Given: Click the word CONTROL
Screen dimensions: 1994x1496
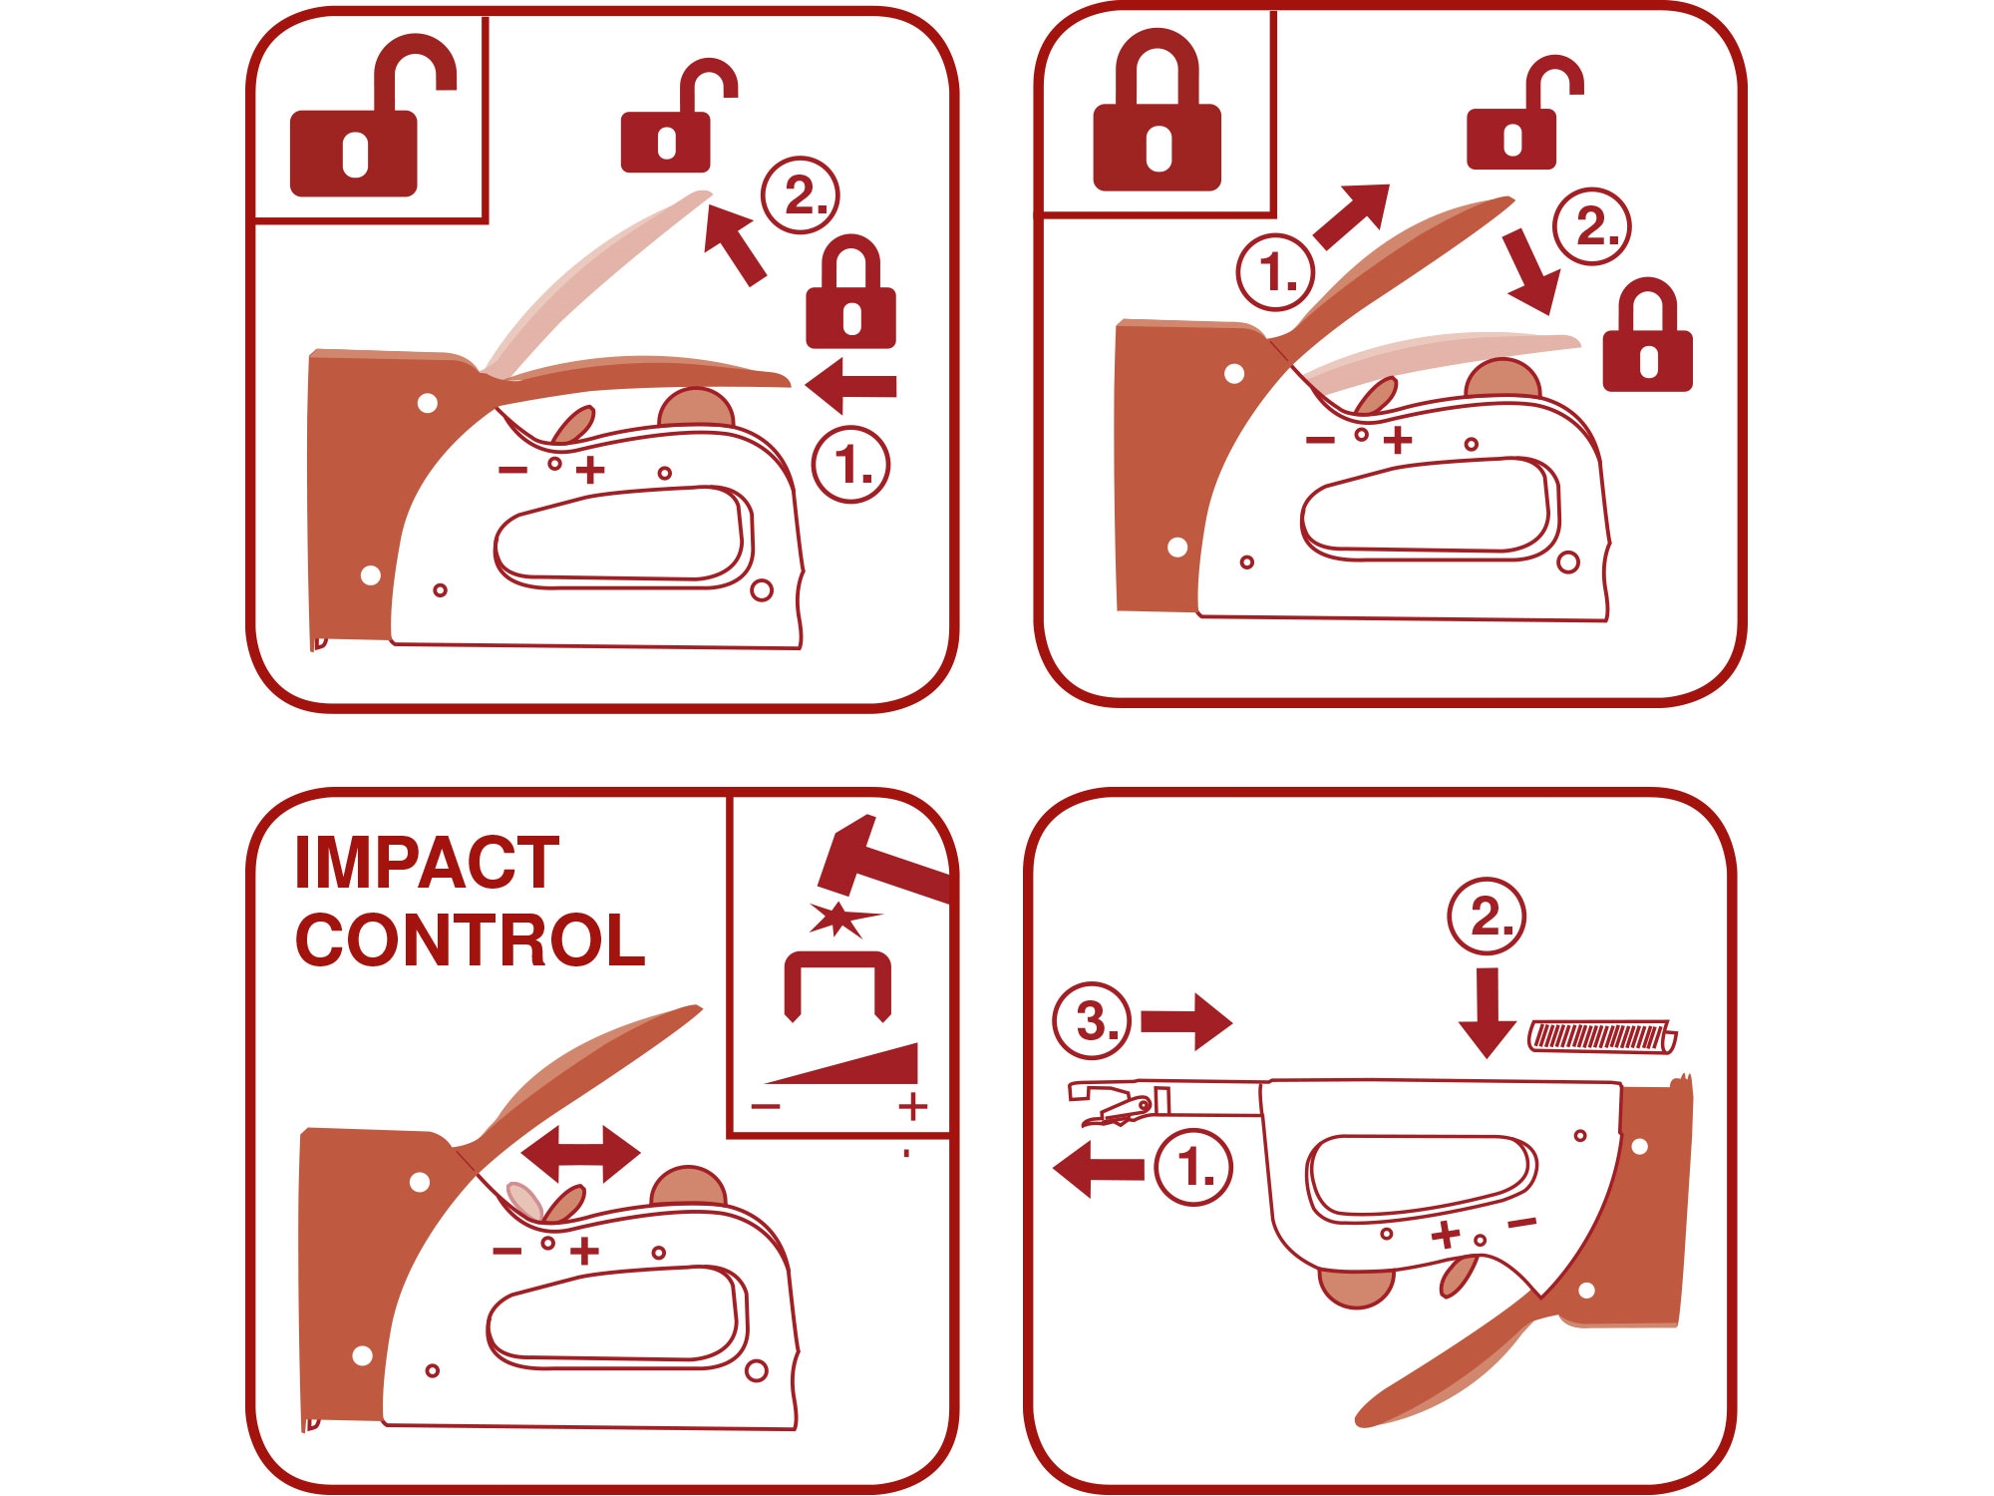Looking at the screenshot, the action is tap(471, 940).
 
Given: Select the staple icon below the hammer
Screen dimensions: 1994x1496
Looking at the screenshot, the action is tap(837, 986).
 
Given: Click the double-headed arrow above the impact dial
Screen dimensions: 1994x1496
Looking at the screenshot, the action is tap(580, 1155).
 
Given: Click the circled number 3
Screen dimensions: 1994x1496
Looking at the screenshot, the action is tap(1092, 1021).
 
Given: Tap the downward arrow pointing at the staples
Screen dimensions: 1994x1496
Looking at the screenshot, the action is tap(1487, 1012).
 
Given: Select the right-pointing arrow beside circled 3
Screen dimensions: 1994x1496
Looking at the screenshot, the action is tap(1186, 1022).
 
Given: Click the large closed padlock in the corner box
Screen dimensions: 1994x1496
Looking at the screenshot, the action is tap(1158, 110).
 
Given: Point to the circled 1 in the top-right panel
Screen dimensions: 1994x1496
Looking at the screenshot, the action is tap(1275, 271).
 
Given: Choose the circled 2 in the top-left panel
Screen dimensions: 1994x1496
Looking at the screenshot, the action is tap(801, 195).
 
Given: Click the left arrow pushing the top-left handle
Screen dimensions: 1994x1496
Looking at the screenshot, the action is tap(850, 386).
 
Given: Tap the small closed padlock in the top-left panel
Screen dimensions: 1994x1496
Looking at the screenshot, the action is tap(850, 292).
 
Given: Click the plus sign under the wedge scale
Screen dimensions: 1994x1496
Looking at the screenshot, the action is tap(912, 1106).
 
